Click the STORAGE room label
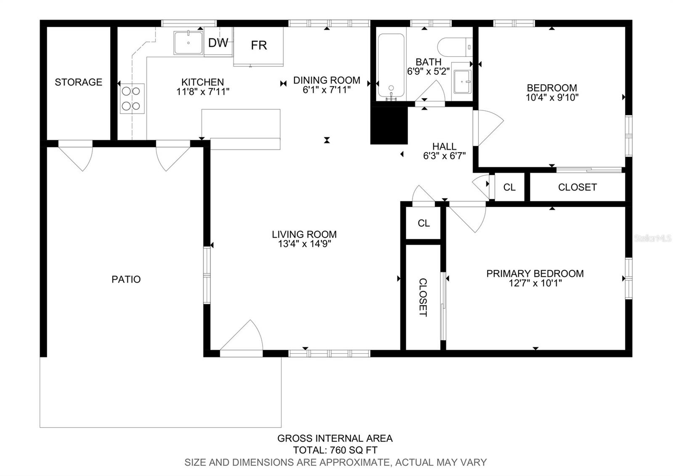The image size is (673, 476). pyautogui.click(x=78, y=82)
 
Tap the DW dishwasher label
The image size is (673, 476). pyautogui.click(x=218, y=43)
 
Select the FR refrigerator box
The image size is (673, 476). pyautogui.click(x=259, y=47)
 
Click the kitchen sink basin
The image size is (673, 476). pyautogui.click(x=188, y=43)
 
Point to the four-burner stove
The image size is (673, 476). pyautogui.click(x=132, y=99)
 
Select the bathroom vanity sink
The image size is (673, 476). pyautogui.click(x=462, y=82)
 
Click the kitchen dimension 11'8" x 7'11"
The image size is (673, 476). pyautogui.click(x=203, y=91)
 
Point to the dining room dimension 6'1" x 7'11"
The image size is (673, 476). pyautogui.click(x=326, y=90)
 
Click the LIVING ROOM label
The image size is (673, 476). pyautogui.click(x=304, y=234)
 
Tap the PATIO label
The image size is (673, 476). pyautogui.click(x=126, y=280)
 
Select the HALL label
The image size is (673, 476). pyautogui.click(x=444, y=147)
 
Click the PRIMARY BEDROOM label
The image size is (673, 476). pyautogui.click(x=535, y=273)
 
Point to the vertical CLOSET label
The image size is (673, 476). pyautogui.click(x=423, y=297)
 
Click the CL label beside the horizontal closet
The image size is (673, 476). pyautogui.click(x=509, y=187)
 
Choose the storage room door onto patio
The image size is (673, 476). pyautogui.click(x=75, y=156)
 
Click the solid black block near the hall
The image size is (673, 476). pyautogui.click(x=389, y=126)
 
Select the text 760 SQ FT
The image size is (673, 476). pyautogui.click(x=354, y=450)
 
